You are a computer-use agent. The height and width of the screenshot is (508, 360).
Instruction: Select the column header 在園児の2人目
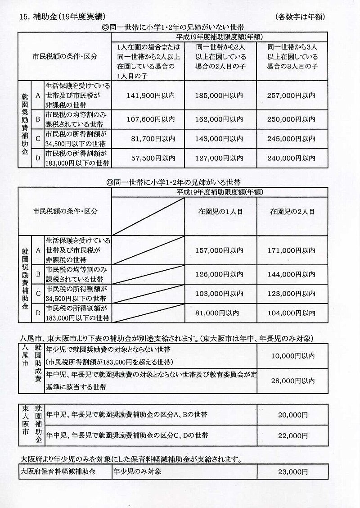point(292,211)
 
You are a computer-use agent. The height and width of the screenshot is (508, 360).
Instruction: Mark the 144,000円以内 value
point(292,273)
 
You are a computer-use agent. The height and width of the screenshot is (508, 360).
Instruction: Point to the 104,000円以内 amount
point(292,313)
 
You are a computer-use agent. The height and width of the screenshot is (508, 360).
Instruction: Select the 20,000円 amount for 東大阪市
point(293,415)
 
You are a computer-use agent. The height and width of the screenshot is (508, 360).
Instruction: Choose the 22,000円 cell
point(293,436)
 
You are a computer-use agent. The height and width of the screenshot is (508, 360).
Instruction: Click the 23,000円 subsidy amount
point(293,472)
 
